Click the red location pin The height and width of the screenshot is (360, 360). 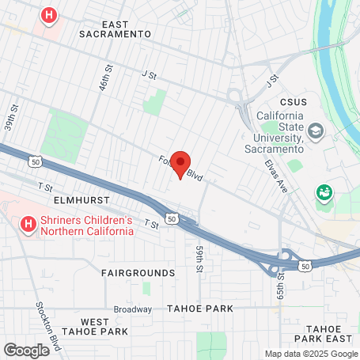(180, 164)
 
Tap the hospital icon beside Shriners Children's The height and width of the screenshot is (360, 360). (28, 225)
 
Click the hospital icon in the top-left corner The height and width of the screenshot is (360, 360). (50, 14)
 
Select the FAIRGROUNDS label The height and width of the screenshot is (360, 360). (138, 272)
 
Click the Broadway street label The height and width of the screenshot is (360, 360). (132, 309)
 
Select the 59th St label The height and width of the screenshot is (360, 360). (199, 258)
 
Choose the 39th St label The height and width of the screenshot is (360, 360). (9, 122)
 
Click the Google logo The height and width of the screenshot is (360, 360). (27, 349)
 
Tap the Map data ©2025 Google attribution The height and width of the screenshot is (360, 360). (310, 354)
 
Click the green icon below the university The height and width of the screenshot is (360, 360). (323, 191)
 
